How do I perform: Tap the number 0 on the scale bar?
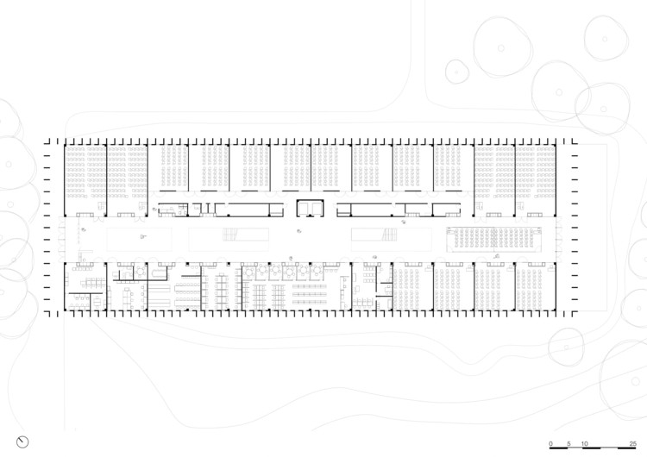[550, 441]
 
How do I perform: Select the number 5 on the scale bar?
[568, 441]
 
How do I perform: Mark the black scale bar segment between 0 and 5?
[559, 448]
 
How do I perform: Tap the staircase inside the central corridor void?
[230, 235]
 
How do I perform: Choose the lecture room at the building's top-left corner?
[85, 177]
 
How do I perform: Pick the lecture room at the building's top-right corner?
[535, 177]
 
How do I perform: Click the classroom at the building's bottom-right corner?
[535, 286]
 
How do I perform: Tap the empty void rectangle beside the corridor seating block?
[391, 238]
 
